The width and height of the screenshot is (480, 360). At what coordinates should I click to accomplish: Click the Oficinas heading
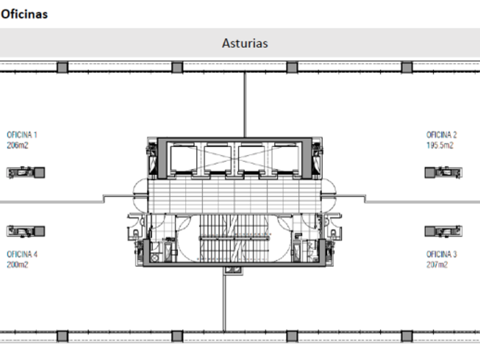[24, 14]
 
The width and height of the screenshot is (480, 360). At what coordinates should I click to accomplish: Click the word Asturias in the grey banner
[245, 43]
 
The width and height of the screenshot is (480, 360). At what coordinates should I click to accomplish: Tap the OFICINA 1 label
[22, 135]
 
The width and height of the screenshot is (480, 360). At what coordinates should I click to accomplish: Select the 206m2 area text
[18, 145]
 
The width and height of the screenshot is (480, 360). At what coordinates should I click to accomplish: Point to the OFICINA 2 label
[441, 135]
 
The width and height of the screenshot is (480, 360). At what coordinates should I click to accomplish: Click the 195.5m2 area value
[440, 145]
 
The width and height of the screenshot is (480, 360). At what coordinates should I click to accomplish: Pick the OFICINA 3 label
[441, 254]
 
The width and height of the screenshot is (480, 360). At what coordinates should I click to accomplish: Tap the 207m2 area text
[437, 265]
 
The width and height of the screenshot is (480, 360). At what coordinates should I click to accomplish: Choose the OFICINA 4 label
[22, 254]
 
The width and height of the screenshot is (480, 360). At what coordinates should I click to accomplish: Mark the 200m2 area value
[18, 265]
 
